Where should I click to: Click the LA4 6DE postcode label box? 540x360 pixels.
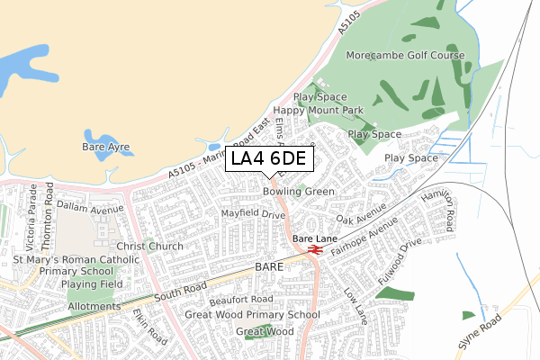(x=269, y=159)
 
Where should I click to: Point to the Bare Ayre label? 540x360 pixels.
(x=106, y=146)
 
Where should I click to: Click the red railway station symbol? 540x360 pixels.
(x=315, y=249)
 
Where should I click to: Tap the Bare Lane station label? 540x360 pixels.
(x=313, y=238)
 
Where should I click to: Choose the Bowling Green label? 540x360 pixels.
(x=299, y=192)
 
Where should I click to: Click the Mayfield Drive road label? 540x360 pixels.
(x=253, y=214)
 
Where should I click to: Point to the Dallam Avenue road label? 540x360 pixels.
(x=89, y=207)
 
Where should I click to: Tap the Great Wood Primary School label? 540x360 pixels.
(x=252, y=315)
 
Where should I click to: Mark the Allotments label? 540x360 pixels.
(x=94, y=307)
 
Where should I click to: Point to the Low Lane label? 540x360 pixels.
(x=356, y=307)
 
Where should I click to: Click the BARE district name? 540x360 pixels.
(x=269, y=268)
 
